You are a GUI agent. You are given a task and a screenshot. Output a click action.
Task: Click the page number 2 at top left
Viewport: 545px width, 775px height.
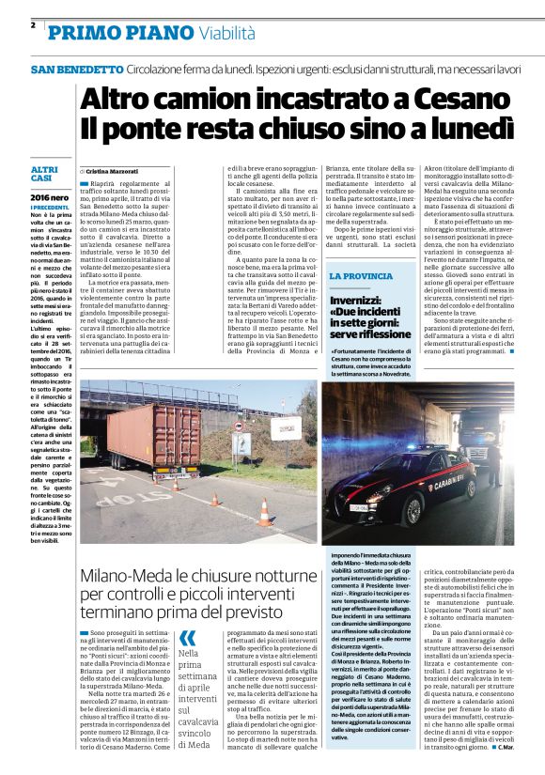coord(33,25)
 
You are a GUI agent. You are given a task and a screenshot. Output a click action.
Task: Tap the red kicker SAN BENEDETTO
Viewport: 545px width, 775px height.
coord(76,70)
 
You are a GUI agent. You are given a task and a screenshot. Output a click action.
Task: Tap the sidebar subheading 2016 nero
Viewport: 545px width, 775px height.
coord(49,198)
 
